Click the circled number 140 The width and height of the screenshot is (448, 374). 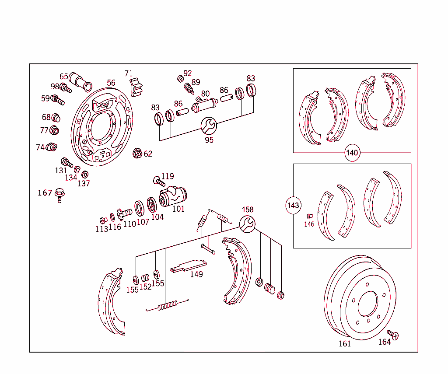pyautogui.click(x=352, y=153)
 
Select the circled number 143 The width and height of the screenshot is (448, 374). pyautogui.click(x=293, y=205)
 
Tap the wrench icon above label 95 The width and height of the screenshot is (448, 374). pyautogui.click(x=209, y=126)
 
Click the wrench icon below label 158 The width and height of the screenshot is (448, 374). pyautogui.click(x=248, y=224)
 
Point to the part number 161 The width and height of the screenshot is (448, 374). pyautogui.click(x=345, y=344)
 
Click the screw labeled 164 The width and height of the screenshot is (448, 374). pyautogui.click(x=393, y=335)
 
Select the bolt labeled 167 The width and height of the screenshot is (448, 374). pyautogui.click(x=59, y=196)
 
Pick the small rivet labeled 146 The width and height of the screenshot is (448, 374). pyautogui.click(x=309, y=216)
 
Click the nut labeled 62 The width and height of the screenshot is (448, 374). pyautogui.click(x=137, y=154)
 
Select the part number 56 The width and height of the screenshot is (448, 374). pyautogui.click(x=111, y=83)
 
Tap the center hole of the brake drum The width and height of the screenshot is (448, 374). pyautogui.click(x=367, y=303)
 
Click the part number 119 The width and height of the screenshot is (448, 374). pyautogui.click(x=168, y=177)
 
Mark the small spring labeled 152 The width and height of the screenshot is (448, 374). pyautogui.click(x=146, y=277)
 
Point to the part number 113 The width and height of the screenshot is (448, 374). pyautogui.click(x=102, y=229)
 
